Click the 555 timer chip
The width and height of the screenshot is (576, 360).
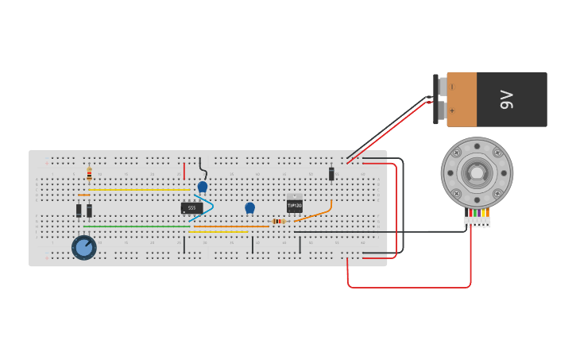[191, 208]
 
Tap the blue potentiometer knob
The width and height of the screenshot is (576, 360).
[83, 247]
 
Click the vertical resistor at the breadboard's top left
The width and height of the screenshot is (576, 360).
[89, 174]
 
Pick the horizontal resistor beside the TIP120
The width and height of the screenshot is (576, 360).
[278, 221]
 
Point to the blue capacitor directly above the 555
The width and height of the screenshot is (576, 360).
[202, 187]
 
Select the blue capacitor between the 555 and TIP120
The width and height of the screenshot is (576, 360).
[249, 207]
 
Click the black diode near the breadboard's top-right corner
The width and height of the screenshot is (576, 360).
[331, 174]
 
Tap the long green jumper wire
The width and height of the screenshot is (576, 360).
[135, 226]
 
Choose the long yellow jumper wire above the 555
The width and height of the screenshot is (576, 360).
[139, 190]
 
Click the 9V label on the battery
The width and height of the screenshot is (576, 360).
[507, 99]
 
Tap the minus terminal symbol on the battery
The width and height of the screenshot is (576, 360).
[452, 87]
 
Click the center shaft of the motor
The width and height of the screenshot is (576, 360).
[477, 172]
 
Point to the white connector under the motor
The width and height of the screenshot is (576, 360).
[477, 222]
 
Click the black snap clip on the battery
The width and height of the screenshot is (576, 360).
[435, 99]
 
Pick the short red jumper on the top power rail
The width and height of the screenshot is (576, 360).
[184, 171]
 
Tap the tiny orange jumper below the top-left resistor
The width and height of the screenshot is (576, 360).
[83, 195]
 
